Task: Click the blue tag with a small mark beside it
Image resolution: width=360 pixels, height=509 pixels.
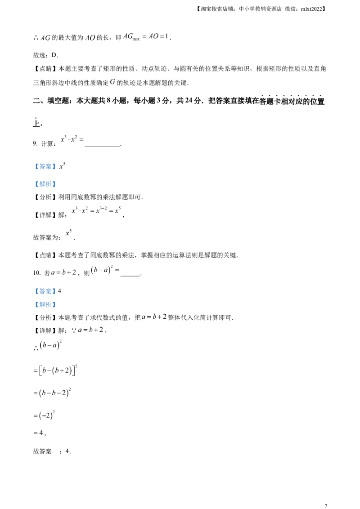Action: point(45,167)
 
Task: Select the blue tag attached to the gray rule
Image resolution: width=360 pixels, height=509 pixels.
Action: point(45,184)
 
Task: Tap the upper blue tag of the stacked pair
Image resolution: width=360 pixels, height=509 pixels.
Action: point(45,291)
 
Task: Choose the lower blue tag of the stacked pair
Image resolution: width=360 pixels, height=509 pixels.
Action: point(45,305)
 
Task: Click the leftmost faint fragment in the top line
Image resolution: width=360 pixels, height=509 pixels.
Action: point(44,40)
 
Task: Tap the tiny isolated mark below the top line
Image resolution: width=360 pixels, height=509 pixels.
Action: point(112,82)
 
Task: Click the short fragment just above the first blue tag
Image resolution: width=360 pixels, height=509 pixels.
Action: point(72,139)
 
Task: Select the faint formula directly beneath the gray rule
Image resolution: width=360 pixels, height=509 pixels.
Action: point(97,209)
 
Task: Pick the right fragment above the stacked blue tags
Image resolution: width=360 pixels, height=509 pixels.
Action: point(105,270)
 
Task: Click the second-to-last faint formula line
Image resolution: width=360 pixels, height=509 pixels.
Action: point(45,415)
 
